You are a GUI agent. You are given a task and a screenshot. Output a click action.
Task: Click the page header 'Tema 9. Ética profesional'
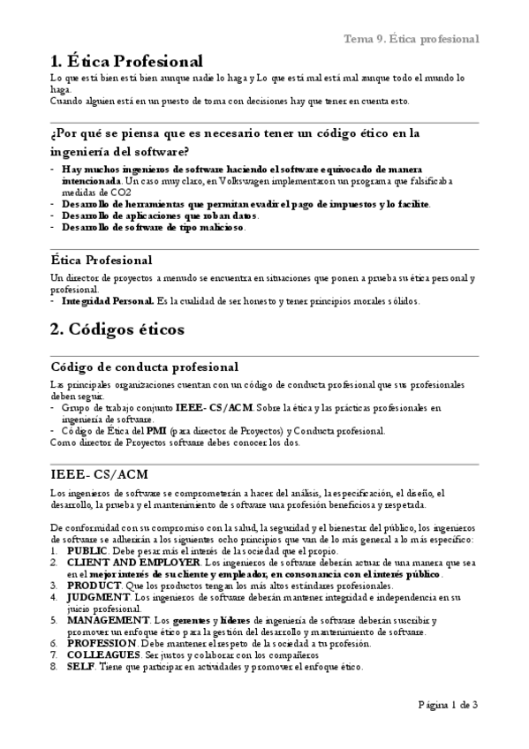tap(412, 39)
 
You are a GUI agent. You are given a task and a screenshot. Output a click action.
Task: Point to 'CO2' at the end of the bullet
tap(119, 192)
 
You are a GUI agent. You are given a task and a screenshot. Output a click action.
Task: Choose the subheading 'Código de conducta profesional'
tap(144, 367)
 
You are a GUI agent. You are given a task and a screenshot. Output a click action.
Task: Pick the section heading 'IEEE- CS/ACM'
tap(99, 474)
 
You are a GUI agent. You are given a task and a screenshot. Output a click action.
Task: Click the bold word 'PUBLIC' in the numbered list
tap(87, 550)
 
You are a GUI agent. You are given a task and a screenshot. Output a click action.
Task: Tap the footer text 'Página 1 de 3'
tap(448, 705)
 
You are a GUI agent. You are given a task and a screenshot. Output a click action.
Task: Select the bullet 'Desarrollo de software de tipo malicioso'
tap(153, 227)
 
